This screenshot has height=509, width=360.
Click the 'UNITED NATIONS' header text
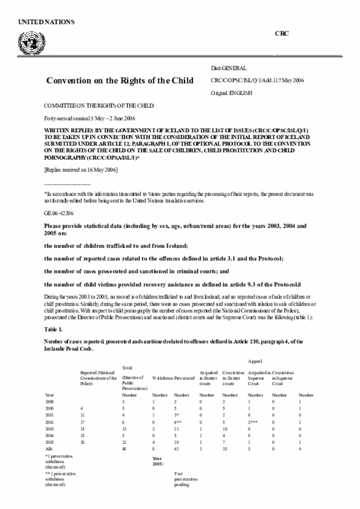46,22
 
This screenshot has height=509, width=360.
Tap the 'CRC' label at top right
282,34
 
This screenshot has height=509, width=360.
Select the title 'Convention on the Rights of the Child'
120,80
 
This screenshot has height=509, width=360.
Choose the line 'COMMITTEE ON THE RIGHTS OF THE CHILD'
98,106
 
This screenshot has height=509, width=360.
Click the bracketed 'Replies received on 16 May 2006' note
80,170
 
